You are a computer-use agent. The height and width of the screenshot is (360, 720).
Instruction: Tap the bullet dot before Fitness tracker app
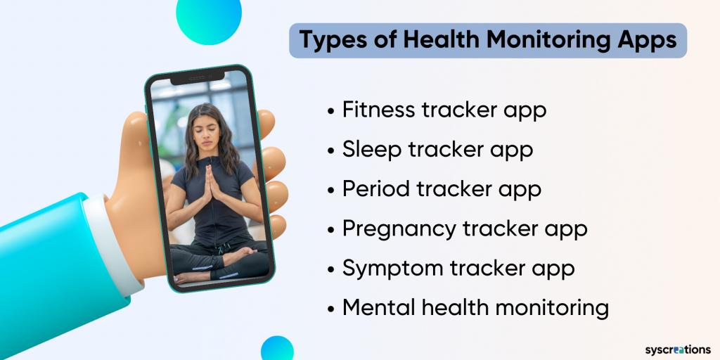coord(331,111)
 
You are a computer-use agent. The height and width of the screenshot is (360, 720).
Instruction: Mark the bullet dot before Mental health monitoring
coord(331,309)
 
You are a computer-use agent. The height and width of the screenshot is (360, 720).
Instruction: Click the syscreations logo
coord(677,349)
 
